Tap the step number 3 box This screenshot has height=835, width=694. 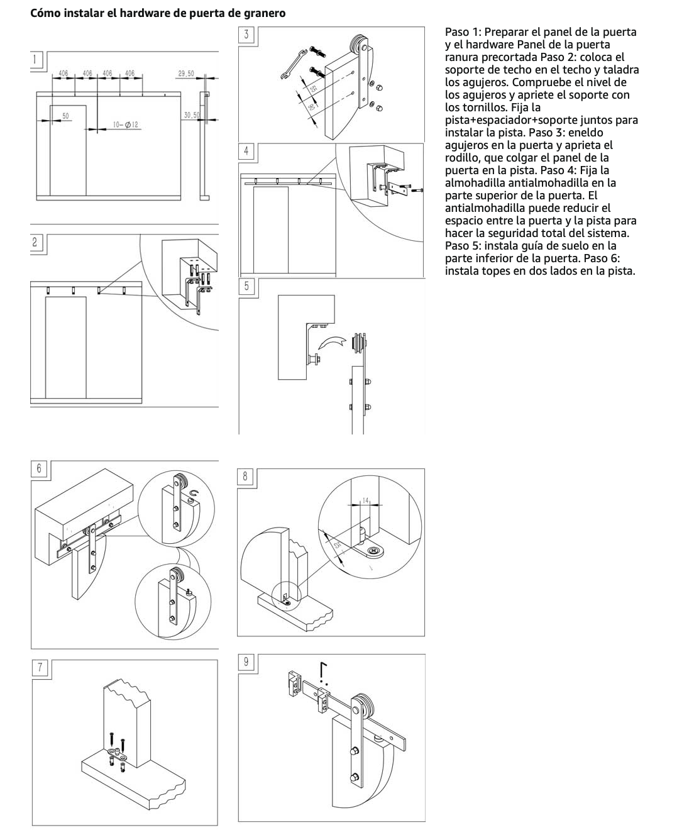(x=246, y=35)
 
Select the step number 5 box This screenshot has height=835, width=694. (x=246, y=286)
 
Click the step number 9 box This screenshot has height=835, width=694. (x=246, y=661)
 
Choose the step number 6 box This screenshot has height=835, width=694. (x=39, y=468)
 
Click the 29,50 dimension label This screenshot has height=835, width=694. (x=186, y=74)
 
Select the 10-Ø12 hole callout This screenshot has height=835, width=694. (x=126, y=125)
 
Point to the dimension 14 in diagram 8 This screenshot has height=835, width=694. (x=365, y=500)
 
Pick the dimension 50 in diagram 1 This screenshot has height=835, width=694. (x=65, y=116)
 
